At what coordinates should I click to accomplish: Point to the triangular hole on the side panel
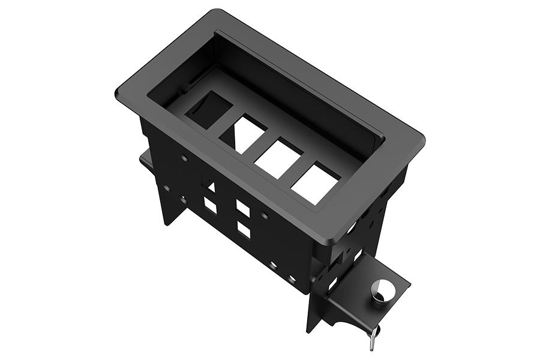[211, 187]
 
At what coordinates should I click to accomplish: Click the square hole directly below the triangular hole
[210, 206]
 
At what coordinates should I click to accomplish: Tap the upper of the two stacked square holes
[243, 208]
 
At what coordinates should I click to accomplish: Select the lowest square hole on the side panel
[243, 230]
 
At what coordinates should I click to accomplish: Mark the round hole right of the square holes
[264, 214]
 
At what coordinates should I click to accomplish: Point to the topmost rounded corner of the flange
[214, 12]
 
